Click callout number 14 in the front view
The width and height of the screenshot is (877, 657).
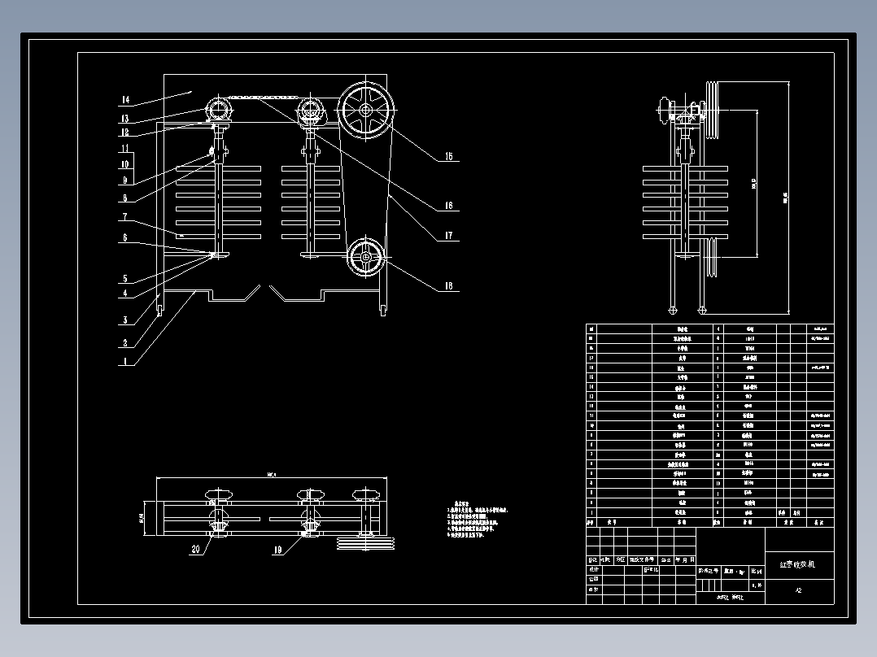pyautogui.click(x=124, y=100)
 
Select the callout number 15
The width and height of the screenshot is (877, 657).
pyautogui.click(x=447, y=157)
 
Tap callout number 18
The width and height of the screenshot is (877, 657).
pyautogui.click(x=447, y=286)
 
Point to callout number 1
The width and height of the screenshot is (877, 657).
pyautogui.click(x=124, y=362)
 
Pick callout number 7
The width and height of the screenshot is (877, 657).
pyautogui.click(x=124, y=217)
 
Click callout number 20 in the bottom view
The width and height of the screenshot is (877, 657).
pyautogui.click(x=195, y=550)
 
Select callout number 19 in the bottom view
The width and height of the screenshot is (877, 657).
pyautogui.click(x=278, y=550)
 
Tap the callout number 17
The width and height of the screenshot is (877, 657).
pyautogui.click(x=447, y=237)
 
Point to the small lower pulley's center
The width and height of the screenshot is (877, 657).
pyautogui.click(x=366, y=258)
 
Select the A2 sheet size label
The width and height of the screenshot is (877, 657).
pyautogui.click(x=799, y=591)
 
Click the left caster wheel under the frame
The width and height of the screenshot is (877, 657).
pyautogui.click(x=159, y=310)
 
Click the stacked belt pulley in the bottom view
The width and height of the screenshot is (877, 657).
pyautogui.click(x=364, y=540)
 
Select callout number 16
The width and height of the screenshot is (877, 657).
pyautogui.click(x=447, y=207)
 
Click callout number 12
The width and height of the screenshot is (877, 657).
pyautogui.click(x=124, y=132)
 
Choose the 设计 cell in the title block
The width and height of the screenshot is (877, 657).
pyautogui.click(x=593, y=570)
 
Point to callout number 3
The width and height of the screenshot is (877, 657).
pyautogui.click(x=124, y=320)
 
